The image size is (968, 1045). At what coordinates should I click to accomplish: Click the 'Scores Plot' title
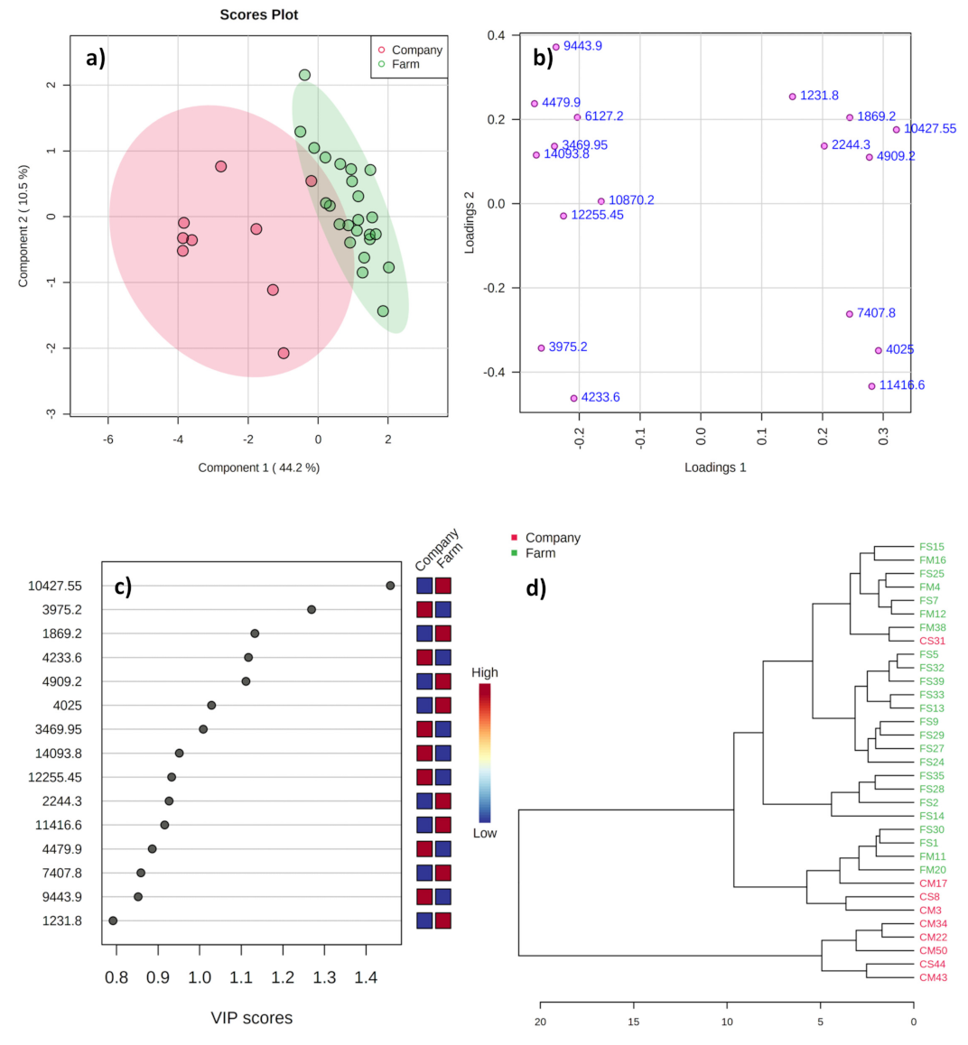click(x=259, y=14)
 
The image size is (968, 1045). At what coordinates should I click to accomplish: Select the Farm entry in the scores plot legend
click(x=405, y=64)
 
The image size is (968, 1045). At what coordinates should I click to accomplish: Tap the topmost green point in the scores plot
click(x=304, y=75)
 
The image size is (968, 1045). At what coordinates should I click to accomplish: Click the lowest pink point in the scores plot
click(x=284, y=353)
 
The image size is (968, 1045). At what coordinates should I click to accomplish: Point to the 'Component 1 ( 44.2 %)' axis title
click(x=259, y=467)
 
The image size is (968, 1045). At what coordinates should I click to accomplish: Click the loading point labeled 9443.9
click(x=556, y=47)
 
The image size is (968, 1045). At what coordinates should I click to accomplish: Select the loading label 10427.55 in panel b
click(x=930, y=129)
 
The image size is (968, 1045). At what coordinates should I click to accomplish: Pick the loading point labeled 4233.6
click(x=573, y=398)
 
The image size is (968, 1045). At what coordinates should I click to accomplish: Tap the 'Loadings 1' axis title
click(x=715, y=467)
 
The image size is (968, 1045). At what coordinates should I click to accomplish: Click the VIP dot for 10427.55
click(x=390, y=586)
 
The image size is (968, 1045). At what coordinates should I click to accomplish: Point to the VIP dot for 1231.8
click(x=113, y=920)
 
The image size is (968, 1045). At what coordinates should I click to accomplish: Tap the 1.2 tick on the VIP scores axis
click(x=283, y=977)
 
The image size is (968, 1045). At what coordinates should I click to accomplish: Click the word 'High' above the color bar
click(x=485, y=672)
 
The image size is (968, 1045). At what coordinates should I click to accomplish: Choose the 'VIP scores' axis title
click(x=252, y=1018)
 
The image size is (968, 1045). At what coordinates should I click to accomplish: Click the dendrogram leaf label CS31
click(x=932, y=641)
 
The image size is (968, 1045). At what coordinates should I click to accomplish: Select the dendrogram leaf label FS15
click(x=932, y=547)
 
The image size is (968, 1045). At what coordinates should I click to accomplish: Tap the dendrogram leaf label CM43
click(x=933, y=977)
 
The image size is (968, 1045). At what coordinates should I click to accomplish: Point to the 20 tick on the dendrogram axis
click(x=540, y=1022)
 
